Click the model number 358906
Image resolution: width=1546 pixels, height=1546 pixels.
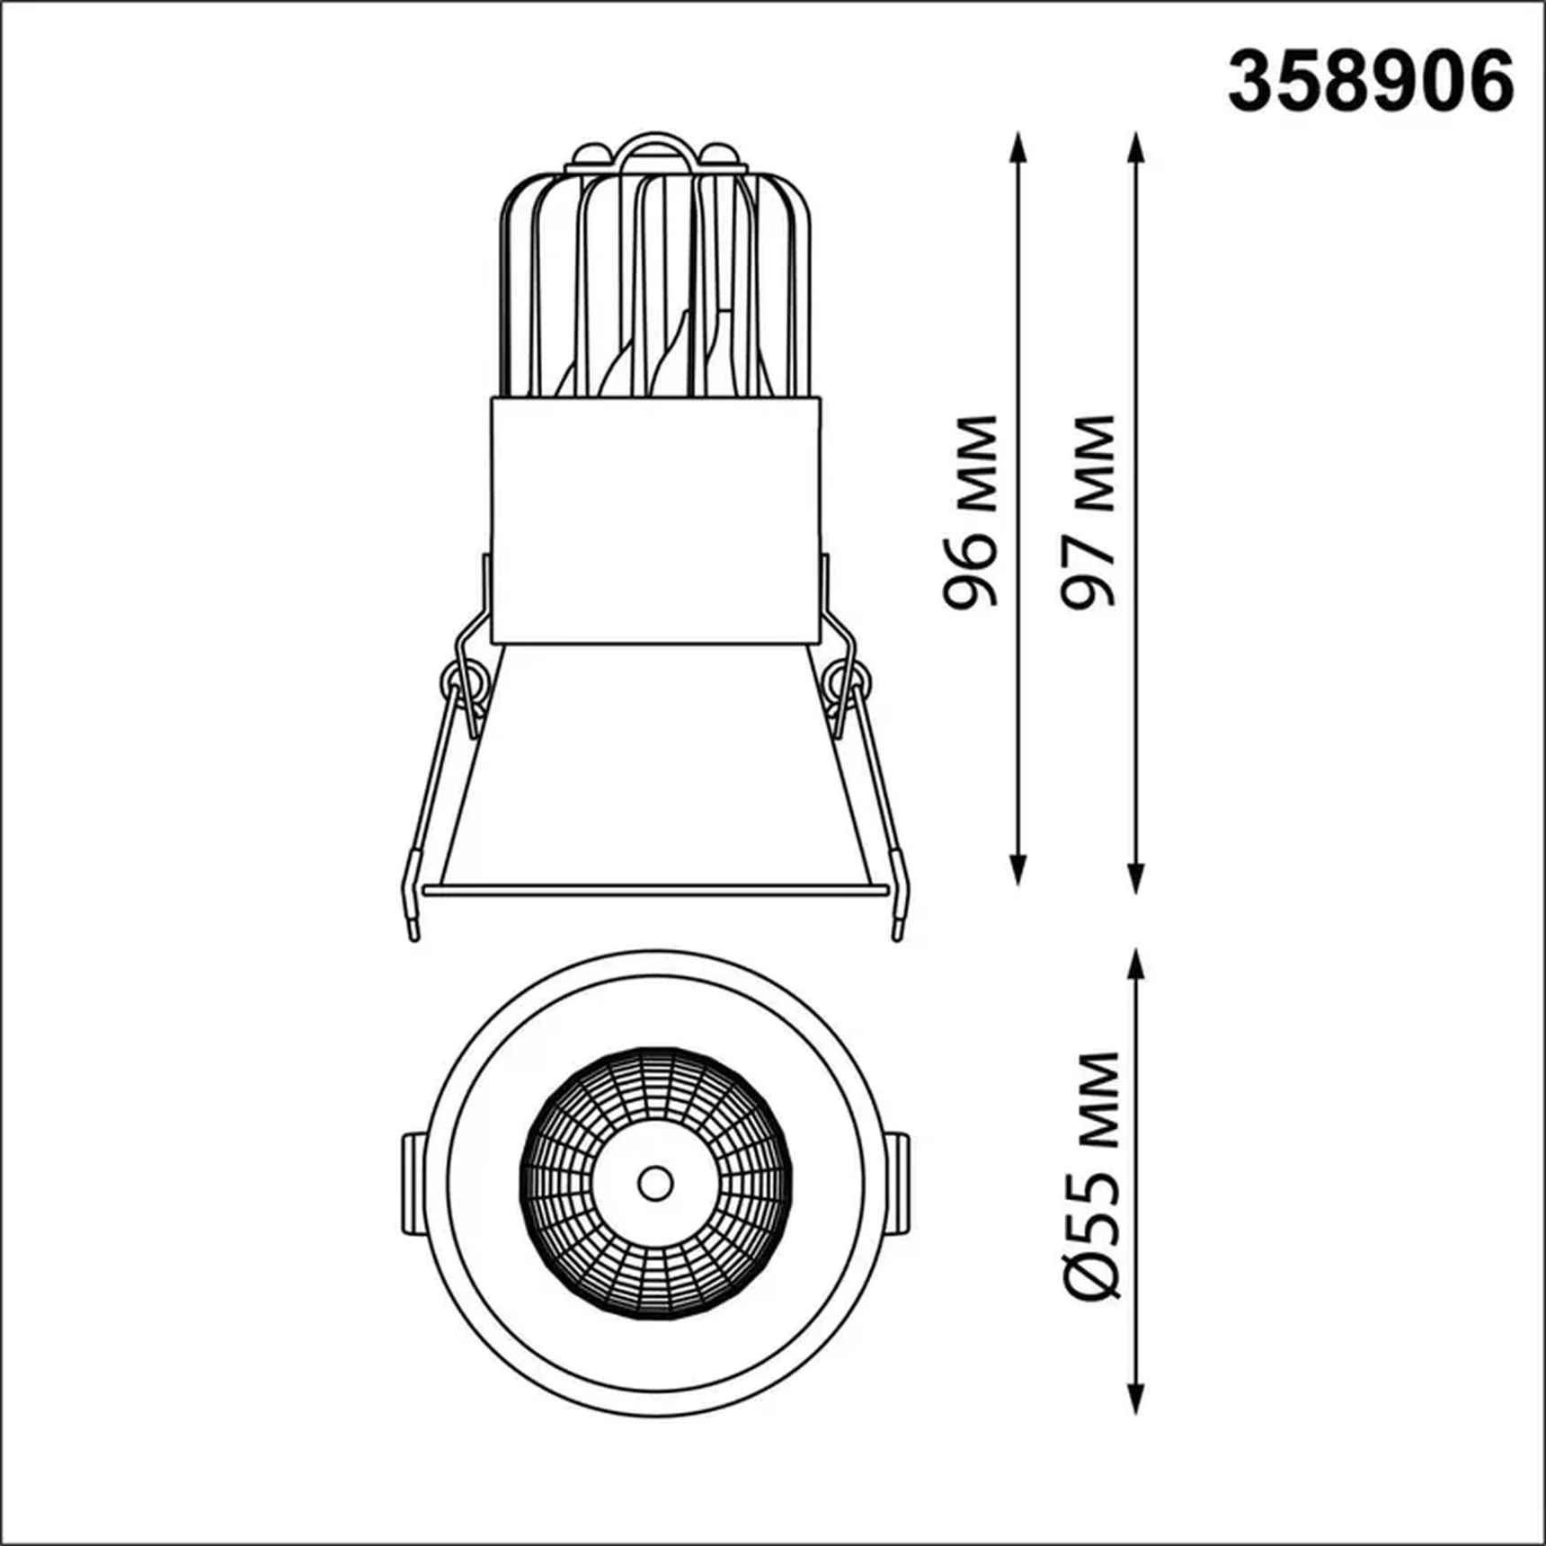1370,82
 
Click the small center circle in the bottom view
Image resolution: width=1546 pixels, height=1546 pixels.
655,1183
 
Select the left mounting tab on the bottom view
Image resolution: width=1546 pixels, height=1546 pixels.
413,1183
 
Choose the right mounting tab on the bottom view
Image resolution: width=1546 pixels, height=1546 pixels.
898,1183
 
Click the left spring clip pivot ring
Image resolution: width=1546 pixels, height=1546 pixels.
464,681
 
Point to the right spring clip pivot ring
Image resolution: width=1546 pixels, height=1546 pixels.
849,680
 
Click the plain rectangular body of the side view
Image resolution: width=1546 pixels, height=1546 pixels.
655,521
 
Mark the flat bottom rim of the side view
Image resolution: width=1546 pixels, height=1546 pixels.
655,891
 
